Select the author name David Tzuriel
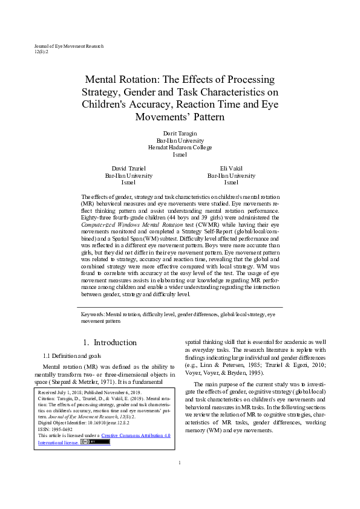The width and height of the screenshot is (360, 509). point(128,168)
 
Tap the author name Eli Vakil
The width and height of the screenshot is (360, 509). point(231,168)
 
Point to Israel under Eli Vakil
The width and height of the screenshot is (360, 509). point(231,182)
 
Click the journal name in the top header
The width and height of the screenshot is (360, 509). point(69,46)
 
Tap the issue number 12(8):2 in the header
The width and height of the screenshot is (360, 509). point(41,52)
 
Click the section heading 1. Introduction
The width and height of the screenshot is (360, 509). point(110,343)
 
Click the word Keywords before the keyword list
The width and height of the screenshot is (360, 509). point(93,314)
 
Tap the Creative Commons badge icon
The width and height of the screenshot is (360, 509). point(96,442)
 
